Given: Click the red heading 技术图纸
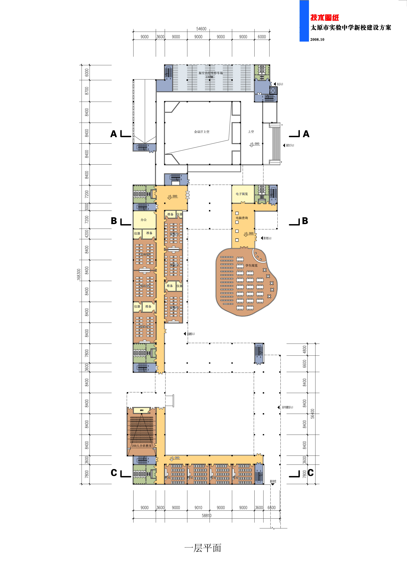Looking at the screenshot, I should [325, 18].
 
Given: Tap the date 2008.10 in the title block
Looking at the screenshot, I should [317, 40].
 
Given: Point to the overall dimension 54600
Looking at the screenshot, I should [201, 29].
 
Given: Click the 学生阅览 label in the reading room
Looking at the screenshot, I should [251, 265].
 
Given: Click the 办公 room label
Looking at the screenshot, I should [144, 220].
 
